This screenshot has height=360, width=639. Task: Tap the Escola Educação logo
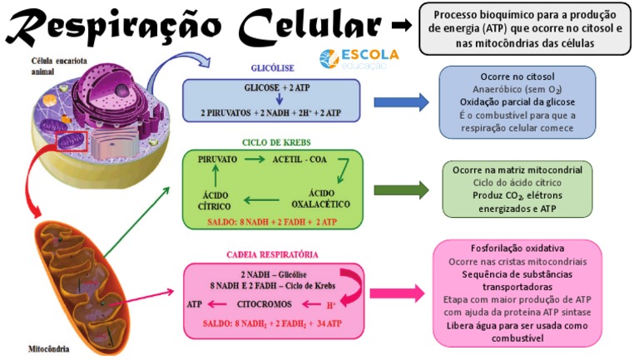pyautogui.click(x=359, y=58)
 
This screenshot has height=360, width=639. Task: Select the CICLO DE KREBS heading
pyautogui.click(x=270, y=142)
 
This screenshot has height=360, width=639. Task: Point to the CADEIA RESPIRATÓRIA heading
pyautogui.click(x=271, y=254)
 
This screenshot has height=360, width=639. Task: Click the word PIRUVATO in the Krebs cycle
pyautogui.click(x=218, y=159)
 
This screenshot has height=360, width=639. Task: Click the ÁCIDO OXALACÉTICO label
pyautogui.click(x=320, y=198)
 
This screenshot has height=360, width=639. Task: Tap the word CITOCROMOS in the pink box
pyautogui.click(x=265, y=304)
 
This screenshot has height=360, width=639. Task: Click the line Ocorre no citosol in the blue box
pyautogui.click(x=517, y=76)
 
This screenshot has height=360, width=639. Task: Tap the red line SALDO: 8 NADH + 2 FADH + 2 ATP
pyautogui.click(x=272, y=222)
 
